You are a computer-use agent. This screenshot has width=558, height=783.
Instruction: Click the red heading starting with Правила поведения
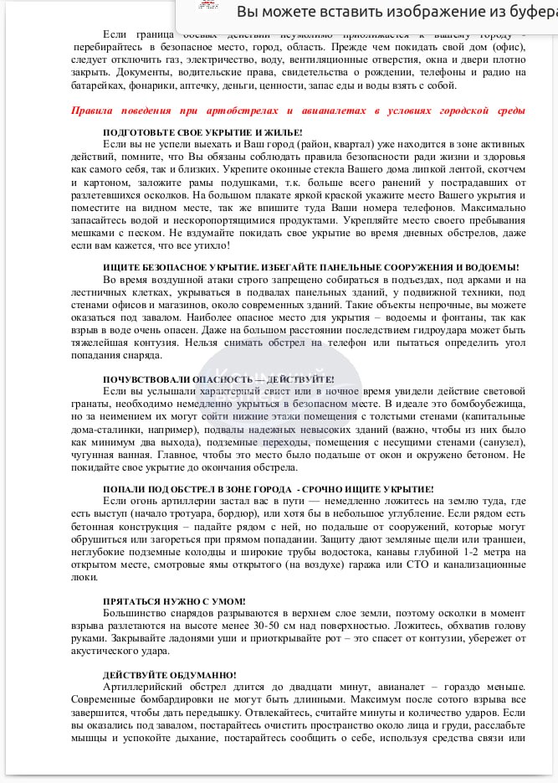[x=299, y=110]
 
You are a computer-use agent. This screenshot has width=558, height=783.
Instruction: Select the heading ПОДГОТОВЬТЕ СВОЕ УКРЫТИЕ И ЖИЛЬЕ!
[x=202, y=132]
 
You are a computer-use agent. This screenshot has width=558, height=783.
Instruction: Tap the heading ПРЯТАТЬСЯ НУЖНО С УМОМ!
[x=174, y=601]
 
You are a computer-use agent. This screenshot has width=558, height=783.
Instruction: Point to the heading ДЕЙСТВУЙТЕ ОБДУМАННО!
[x=169, y=675]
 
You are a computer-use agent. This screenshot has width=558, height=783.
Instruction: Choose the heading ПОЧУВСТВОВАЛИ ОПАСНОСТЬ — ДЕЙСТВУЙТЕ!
[x=218, y=379]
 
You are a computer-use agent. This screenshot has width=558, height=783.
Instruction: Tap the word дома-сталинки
[x=105, y=428]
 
